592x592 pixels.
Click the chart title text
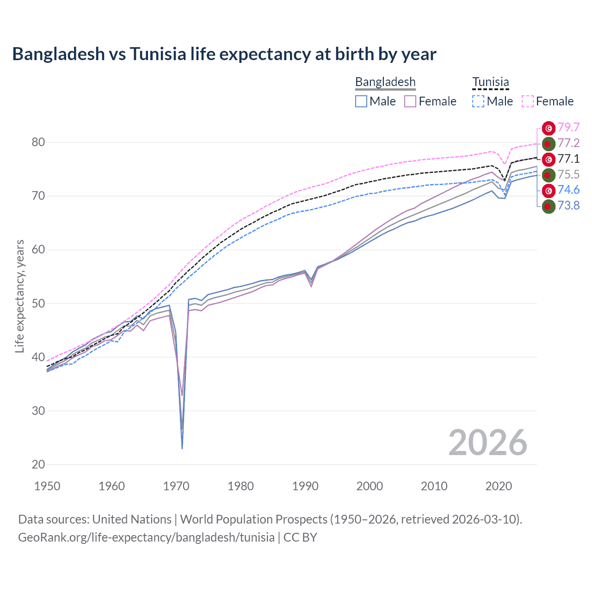click(224, 54)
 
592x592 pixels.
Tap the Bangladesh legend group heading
click(385, 82)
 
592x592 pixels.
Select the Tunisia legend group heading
click(490, 82)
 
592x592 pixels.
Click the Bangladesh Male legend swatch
click(361, 101)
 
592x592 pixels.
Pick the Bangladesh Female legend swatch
click(410, 101)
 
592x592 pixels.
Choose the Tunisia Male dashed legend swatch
click(478, 101)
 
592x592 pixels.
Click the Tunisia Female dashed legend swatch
click(528, 101)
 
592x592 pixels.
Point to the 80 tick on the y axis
click(38, 142)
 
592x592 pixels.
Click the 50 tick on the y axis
click(38, 303)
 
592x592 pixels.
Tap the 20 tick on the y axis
click(38, 464)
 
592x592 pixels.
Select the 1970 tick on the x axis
click(176, 486)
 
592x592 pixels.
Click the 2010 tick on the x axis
click(434, 486)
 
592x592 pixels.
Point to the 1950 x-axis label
click(47, 486)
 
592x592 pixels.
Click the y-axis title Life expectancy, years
click(19, 296)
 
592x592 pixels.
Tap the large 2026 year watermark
click(487, 443)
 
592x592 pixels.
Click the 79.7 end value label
click(568, 128)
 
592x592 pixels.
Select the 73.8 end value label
click(568, 205)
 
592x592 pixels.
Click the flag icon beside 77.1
click(548, 159)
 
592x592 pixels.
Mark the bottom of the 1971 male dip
click(182, 448)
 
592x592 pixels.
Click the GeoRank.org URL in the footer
click(146, 537)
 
